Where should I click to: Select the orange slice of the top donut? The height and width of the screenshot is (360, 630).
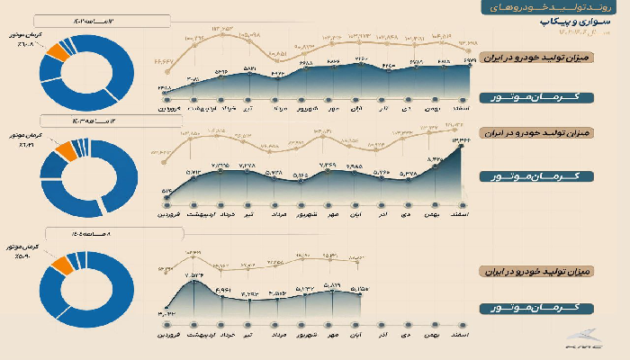pyautogui.click(x=59, y=51)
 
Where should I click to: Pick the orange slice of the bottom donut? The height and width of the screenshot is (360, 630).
pyautogui.click(x=61, y=264)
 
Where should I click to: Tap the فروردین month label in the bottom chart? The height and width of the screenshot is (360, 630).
pyautogui.click(x=164, y=335)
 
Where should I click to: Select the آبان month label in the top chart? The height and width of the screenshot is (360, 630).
pyautogui.click(x=356, y=109)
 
